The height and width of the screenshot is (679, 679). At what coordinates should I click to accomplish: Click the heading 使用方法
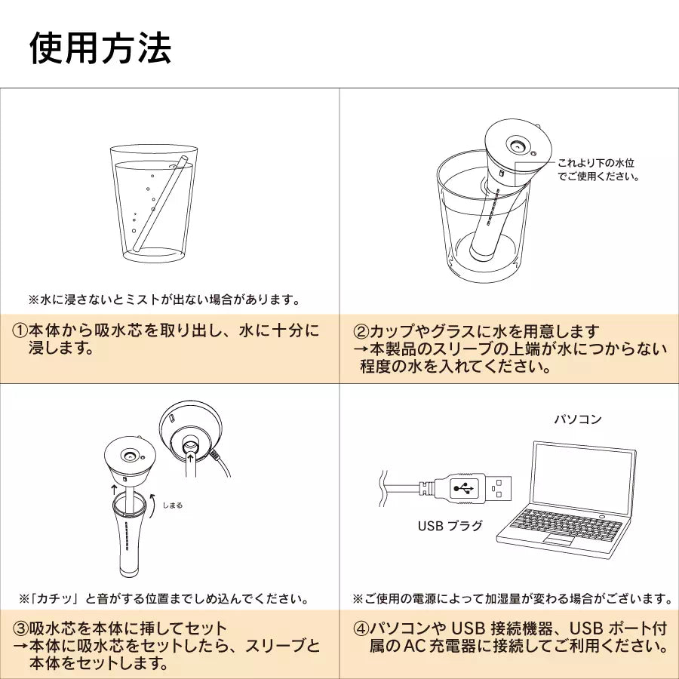coord(100,48)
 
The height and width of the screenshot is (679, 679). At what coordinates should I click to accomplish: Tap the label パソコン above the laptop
coord(578,419)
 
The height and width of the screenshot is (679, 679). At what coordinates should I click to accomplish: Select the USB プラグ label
coord(450,526)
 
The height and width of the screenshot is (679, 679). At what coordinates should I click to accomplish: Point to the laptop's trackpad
coord(559,539)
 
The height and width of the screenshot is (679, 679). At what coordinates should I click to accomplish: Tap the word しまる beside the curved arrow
coord(172,505)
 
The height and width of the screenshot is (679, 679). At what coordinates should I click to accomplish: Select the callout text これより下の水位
coord(595,163)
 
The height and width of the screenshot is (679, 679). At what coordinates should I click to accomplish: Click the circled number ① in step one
coord(20,331)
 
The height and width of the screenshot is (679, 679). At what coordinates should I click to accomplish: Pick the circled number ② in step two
coord(361,332)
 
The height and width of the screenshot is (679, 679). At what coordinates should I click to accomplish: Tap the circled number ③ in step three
coord(20,628)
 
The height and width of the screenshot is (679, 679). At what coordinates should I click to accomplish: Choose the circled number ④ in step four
coord(361,628)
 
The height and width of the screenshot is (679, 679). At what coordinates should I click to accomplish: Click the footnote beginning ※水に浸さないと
coord(164,300)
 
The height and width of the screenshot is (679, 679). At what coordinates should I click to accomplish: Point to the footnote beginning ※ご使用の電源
coord(513,599)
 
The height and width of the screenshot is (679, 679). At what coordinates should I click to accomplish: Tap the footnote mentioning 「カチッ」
coord(164,599)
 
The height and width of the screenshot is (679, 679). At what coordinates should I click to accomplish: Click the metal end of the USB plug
coord(498,489)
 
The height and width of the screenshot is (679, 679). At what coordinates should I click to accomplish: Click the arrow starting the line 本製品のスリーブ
coord(361,349)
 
